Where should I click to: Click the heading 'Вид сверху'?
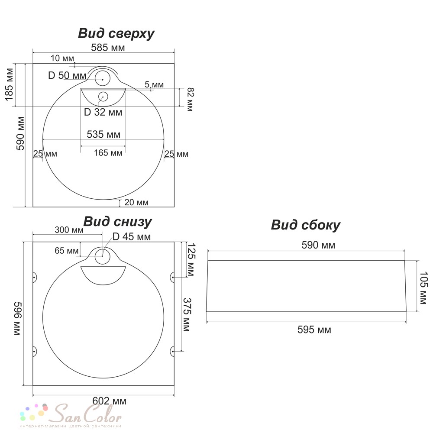coord(116,34)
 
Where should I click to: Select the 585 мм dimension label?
coord(108,48)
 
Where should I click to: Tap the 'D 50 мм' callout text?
coord(67,75)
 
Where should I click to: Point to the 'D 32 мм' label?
coord(103,112)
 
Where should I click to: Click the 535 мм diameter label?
coord(103,134)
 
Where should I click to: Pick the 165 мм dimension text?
coord(108,153)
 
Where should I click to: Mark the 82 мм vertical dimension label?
coord(190,100)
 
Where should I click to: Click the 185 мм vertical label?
coord(9,84)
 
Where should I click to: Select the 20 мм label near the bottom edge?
coord(136,202)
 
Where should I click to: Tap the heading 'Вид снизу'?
coord(118,221)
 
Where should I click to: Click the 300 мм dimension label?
coord(69,230)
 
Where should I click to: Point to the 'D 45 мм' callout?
coord(132,237)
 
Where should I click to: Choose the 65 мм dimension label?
coord(67,250)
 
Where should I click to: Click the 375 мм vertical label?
coord(187,315)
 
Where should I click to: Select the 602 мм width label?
coord(110,401)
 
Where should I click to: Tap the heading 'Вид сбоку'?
coord(305,225)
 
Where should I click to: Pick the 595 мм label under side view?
coord(314,330)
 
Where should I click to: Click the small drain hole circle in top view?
coord(103,97)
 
